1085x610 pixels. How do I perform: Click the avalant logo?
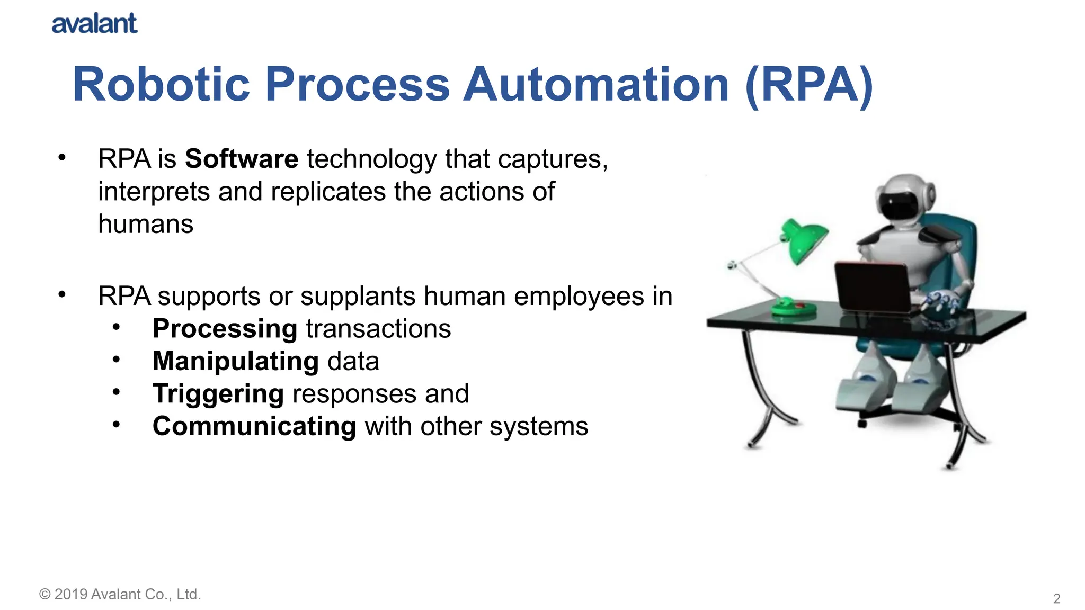coord(94,24)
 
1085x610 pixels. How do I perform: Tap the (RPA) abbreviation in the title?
coord(808,85)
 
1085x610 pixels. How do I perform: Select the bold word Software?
coord(242,159)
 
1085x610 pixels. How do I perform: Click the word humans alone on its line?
coord(146,224)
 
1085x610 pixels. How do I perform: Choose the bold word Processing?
coord(225,329)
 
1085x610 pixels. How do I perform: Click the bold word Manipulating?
coord(235,361)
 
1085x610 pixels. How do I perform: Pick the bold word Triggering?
coord(218,394)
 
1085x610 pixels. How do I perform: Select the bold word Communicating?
coord(254,426)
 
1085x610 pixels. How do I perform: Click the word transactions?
coord(378,329)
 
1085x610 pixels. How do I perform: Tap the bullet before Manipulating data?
coord(117,360)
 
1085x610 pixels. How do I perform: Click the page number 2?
coord(1056,598)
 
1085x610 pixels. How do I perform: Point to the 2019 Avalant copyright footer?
coord(120,594)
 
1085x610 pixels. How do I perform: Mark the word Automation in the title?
coord(596,85)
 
